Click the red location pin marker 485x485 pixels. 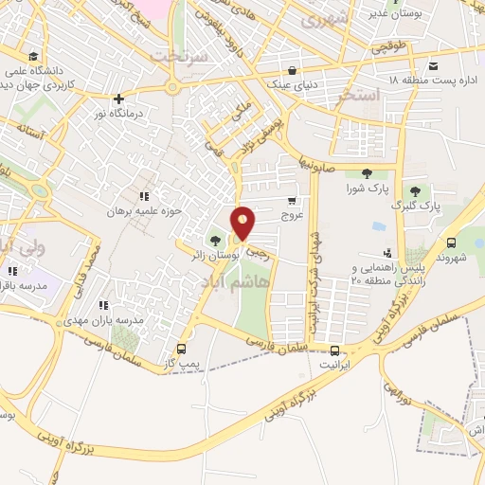243,223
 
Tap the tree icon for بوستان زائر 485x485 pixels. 216,240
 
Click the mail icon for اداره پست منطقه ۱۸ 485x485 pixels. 434,65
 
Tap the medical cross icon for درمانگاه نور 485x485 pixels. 118,99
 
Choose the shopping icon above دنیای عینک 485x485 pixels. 294,69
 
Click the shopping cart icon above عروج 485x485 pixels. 292,200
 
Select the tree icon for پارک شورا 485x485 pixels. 365,172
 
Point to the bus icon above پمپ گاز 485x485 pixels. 181,348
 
